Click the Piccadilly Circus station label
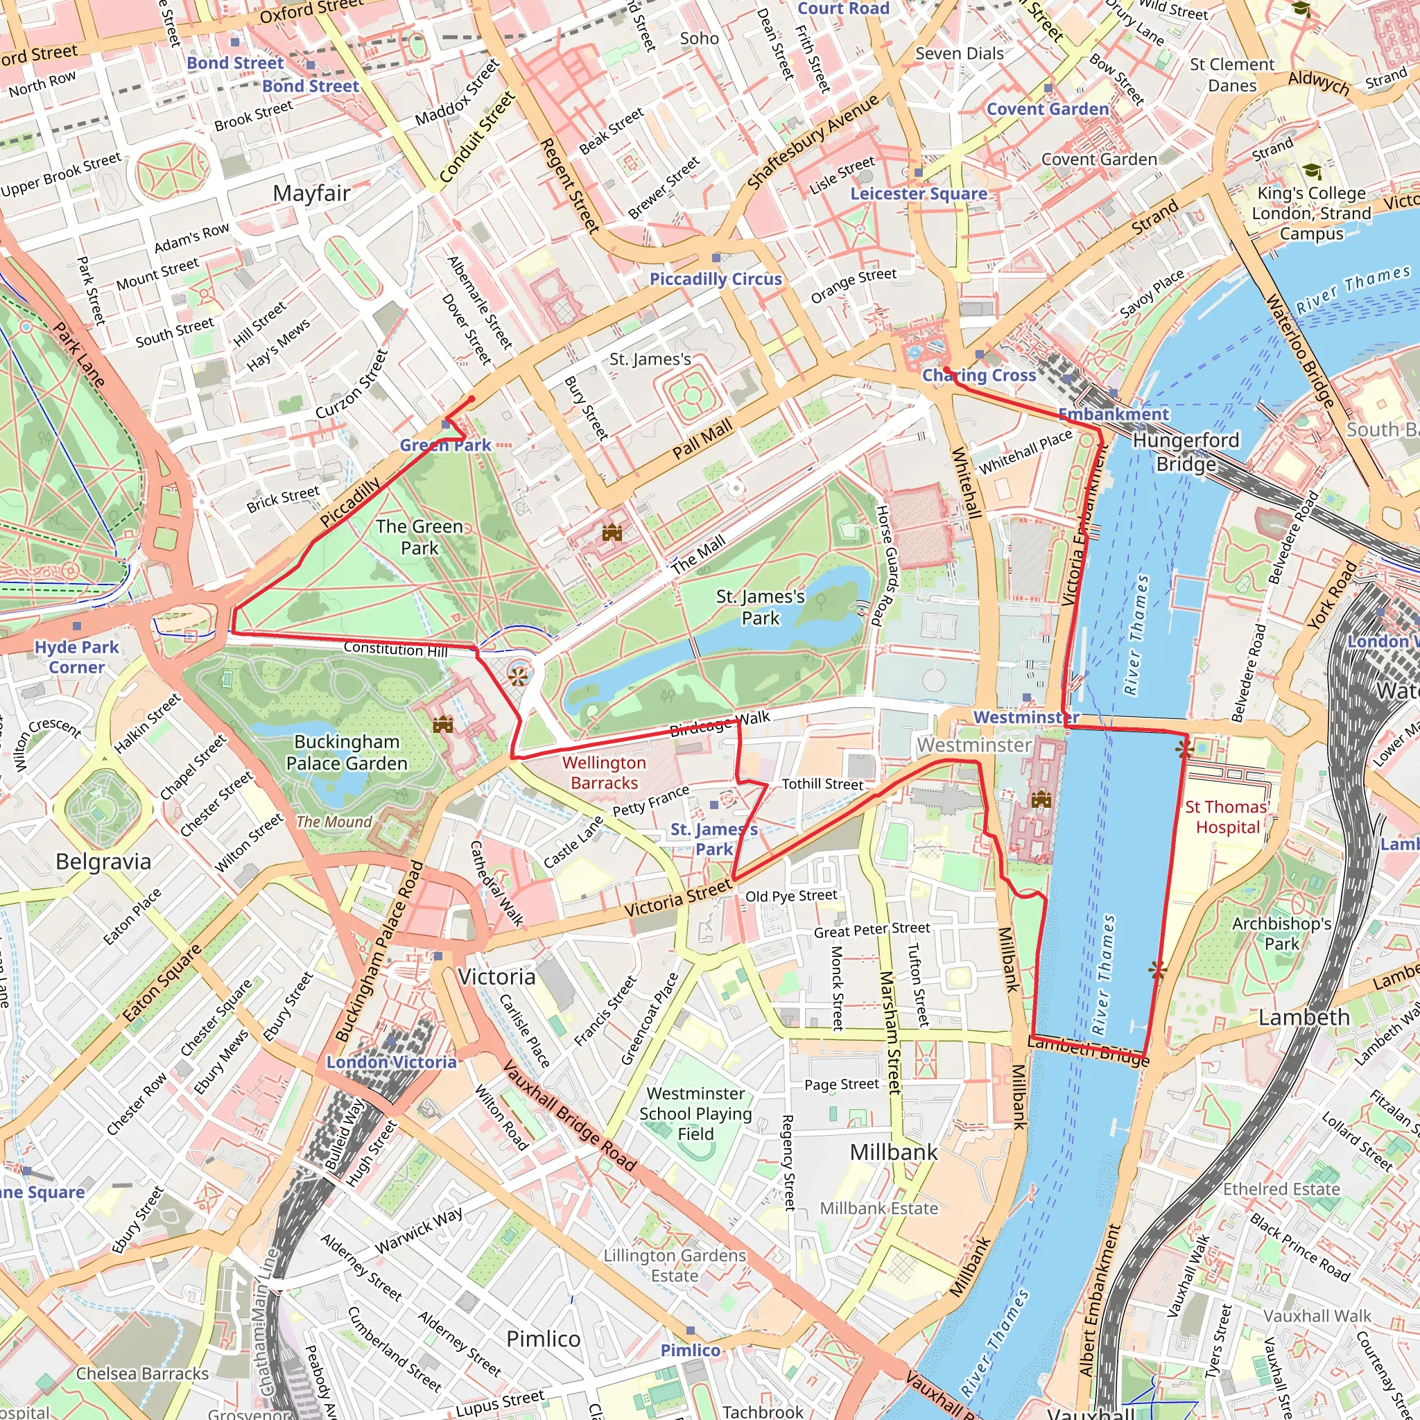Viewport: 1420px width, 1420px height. (x=715, y=279)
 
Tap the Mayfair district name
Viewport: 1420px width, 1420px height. (x=311, y=193)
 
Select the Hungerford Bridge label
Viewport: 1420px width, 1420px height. (x=1186, y=452)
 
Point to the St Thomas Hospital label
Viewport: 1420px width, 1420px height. (x=1227, y=817)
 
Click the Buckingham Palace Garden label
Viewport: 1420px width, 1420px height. (x=347, y=752)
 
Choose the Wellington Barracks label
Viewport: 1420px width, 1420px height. (x=604, y=773)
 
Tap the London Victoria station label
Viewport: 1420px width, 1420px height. (x=391, y=1062)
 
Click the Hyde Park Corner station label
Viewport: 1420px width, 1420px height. (x=76, y=657)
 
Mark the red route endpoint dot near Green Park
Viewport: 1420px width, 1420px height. (x=472, y=399)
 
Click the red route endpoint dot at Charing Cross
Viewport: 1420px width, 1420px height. (x=946, y=370)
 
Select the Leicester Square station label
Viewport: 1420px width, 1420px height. (x=919, y=194)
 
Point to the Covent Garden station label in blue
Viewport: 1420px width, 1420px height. (x=1048, y=110)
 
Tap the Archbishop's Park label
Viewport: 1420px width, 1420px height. (x=1281, y=933)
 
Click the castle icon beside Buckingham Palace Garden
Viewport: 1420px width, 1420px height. (x=442, y=725)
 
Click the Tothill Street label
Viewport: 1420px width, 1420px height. (x=822, y=784)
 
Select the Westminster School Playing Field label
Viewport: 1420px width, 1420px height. (x=695, y=1114)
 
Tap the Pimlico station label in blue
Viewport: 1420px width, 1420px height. (x=690, y=1350)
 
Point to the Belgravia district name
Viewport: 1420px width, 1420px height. (x=103, y=861)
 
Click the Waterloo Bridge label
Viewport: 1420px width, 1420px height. (x=1299, y=352)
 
